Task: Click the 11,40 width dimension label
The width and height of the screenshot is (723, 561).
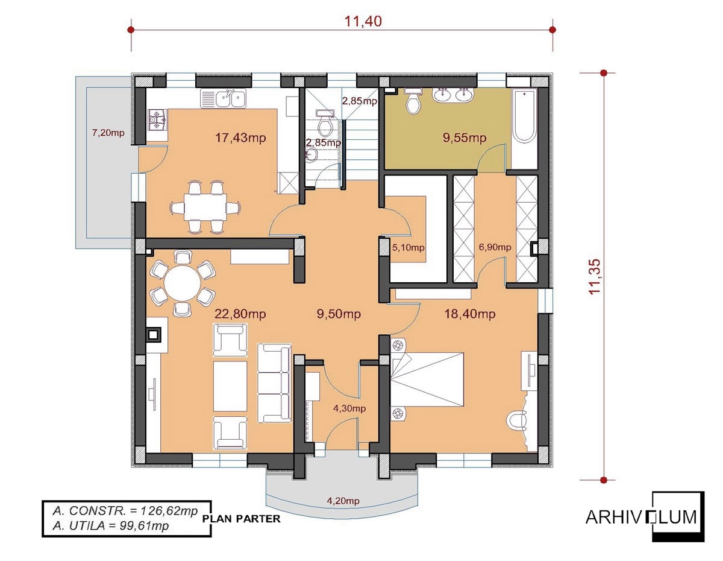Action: (363, 21)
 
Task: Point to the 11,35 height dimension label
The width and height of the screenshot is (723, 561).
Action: (595, 276)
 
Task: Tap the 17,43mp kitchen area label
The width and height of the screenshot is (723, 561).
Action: (240, 138)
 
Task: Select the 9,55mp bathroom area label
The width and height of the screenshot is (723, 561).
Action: (465, 138)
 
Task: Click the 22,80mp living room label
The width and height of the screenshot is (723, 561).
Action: (240, 314)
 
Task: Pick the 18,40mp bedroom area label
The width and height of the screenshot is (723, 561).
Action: (470, 314)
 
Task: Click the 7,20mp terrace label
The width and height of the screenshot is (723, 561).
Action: (108, 133)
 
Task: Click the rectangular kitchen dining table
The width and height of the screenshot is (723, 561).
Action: (205, 206)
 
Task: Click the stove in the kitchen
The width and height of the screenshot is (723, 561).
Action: (158, 120)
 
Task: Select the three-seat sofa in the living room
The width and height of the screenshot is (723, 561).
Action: (274, 384)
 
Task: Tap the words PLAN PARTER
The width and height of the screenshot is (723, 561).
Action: (242, 519)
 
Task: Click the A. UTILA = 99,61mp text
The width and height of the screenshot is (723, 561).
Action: (110, 525)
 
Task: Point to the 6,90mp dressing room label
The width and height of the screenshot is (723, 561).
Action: (495, 247)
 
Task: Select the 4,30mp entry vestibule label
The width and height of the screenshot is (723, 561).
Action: (349, 408)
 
